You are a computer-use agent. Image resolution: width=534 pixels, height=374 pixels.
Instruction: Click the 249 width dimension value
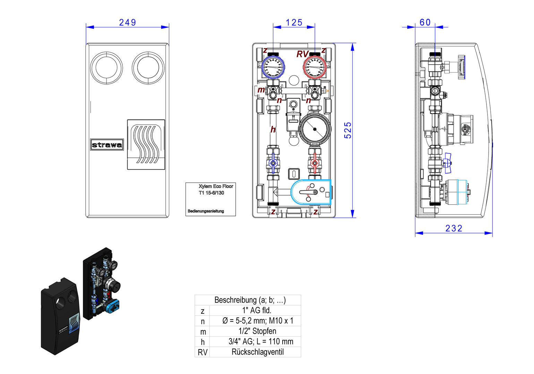point(127,23)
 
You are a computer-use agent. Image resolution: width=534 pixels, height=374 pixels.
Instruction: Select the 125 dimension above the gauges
point(294,23)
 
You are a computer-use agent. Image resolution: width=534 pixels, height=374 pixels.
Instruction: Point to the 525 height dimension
point(348,130)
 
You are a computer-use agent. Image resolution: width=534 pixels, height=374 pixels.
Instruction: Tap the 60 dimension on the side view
point(425,23)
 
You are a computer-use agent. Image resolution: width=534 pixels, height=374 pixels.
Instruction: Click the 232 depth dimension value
point(454,229)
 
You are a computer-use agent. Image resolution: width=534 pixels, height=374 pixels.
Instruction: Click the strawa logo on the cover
point(107,145)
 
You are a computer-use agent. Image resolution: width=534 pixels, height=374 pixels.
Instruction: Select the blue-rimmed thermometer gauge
point(273,67)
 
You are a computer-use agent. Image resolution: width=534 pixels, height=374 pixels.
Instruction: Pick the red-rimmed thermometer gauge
point(315,67)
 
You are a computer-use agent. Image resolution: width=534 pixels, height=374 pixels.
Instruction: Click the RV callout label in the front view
point(302,54)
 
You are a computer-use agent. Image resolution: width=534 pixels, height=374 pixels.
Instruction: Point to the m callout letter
point(261,90)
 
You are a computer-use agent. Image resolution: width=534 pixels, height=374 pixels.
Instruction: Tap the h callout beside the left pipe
point(273,130)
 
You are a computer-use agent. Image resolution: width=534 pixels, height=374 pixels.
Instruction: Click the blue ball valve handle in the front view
point(273,163)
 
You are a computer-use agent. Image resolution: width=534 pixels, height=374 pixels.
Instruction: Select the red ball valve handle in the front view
point(315,163)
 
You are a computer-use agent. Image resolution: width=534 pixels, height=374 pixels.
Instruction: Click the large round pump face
point(315,129)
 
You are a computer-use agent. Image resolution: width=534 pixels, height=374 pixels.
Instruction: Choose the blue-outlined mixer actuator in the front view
point(311,192)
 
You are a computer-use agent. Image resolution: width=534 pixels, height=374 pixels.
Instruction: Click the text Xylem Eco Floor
point(216,186)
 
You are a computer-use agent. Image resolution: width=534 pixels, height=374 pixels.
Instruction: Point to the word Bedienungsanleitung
point(206,211)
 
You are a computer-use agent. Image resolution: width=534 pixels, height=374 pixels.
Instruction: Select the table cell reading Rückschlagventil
point(257,352)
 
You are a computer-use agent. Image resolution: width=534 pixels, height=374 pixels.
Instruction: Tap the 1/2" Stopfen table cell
point(257,331)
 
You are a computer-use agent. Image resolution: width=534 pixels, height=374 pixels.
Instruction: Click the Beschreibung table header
point(250,300)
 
